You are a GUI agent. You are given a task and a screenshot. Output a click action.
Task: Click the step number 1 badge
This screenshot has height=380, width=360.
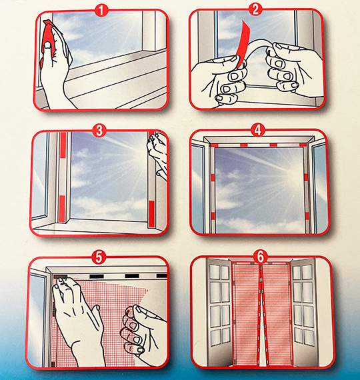(101, 11)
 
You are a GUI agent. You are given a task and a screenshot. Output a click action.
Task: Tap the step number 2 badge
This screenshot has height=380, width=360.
(255, 10)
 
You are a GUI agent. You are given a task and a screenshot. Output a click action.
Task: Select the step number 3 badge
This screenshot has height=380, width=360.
(99, 131)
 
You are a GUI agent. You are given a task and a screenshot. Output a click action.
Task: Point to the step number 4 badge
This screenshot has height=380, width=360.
(258, 130)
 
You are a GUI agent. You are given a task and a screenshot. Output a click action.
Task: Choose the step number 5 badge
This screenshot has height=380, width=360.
(99, 257)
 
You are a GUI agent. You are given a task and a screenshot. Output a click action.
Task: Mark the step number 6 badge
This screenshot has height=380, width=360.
(261, 257)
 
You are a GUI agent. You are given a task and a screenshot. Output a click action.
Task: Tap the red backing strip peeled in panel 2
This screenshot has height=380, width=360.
(243, 43)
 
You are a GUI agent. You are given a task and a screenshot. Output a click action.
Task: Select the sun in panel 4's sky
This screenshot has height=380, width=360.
(293, 176)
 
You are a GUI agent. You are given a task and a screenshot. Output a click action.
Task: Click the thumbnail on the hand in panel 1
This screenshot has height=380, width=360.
(48, 45)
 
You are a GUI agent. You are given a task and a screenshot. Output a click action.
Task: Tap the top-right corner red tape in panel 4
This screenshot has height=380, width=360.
(303, 145)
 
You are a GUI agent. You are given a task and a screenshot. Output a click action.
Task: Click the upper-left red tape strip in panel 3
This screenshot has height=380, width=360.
(63, 145)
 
